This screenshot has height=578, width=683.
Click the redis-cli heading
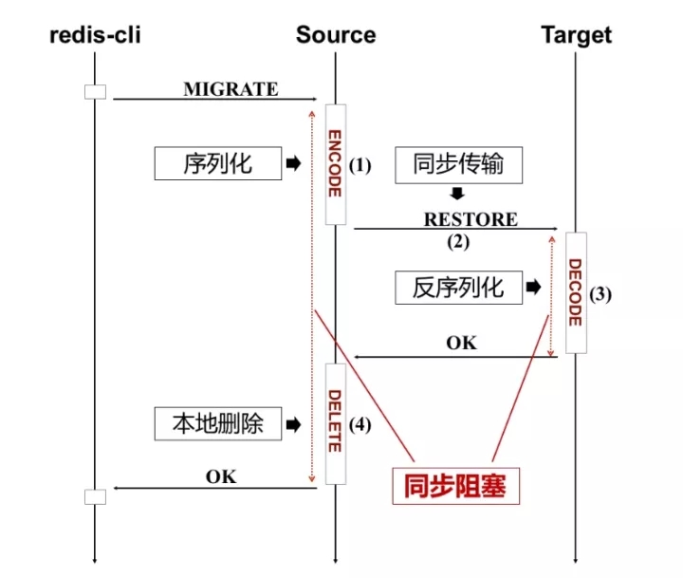tap(94, 36)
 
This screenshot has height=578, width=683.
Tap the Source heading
tap(336, 36)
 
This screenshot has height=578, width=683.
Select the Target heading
tap(576, 36)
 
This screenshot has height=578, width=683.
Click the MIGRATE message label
tap(231, 89)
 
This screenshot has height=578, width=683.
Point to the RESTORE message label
tap(471, 219)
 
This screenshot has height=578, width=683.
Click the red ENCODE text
tap(334, 163)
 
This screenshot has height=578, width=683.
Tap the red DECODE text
tap(575, 292)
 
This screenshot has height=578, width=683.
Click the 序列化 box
tap(217, 163)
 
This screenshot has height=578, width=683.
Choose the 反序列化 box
tap(457, 287)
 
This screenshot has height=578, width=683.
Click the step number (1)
tap(360, 165)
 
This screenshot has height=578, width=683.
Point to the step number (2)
tap(458, 241)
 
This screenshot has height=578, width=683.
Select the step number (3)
tap(600, 293)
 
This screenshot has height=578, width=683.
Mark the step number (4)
tap(360, 424)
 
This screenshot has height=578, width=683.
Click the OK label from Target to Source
tap(462, 343)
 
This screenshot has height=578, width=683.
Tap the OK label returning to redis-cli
tap(221, 475)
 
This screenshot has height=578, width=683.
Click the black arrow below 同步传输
tap(457, 194)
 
